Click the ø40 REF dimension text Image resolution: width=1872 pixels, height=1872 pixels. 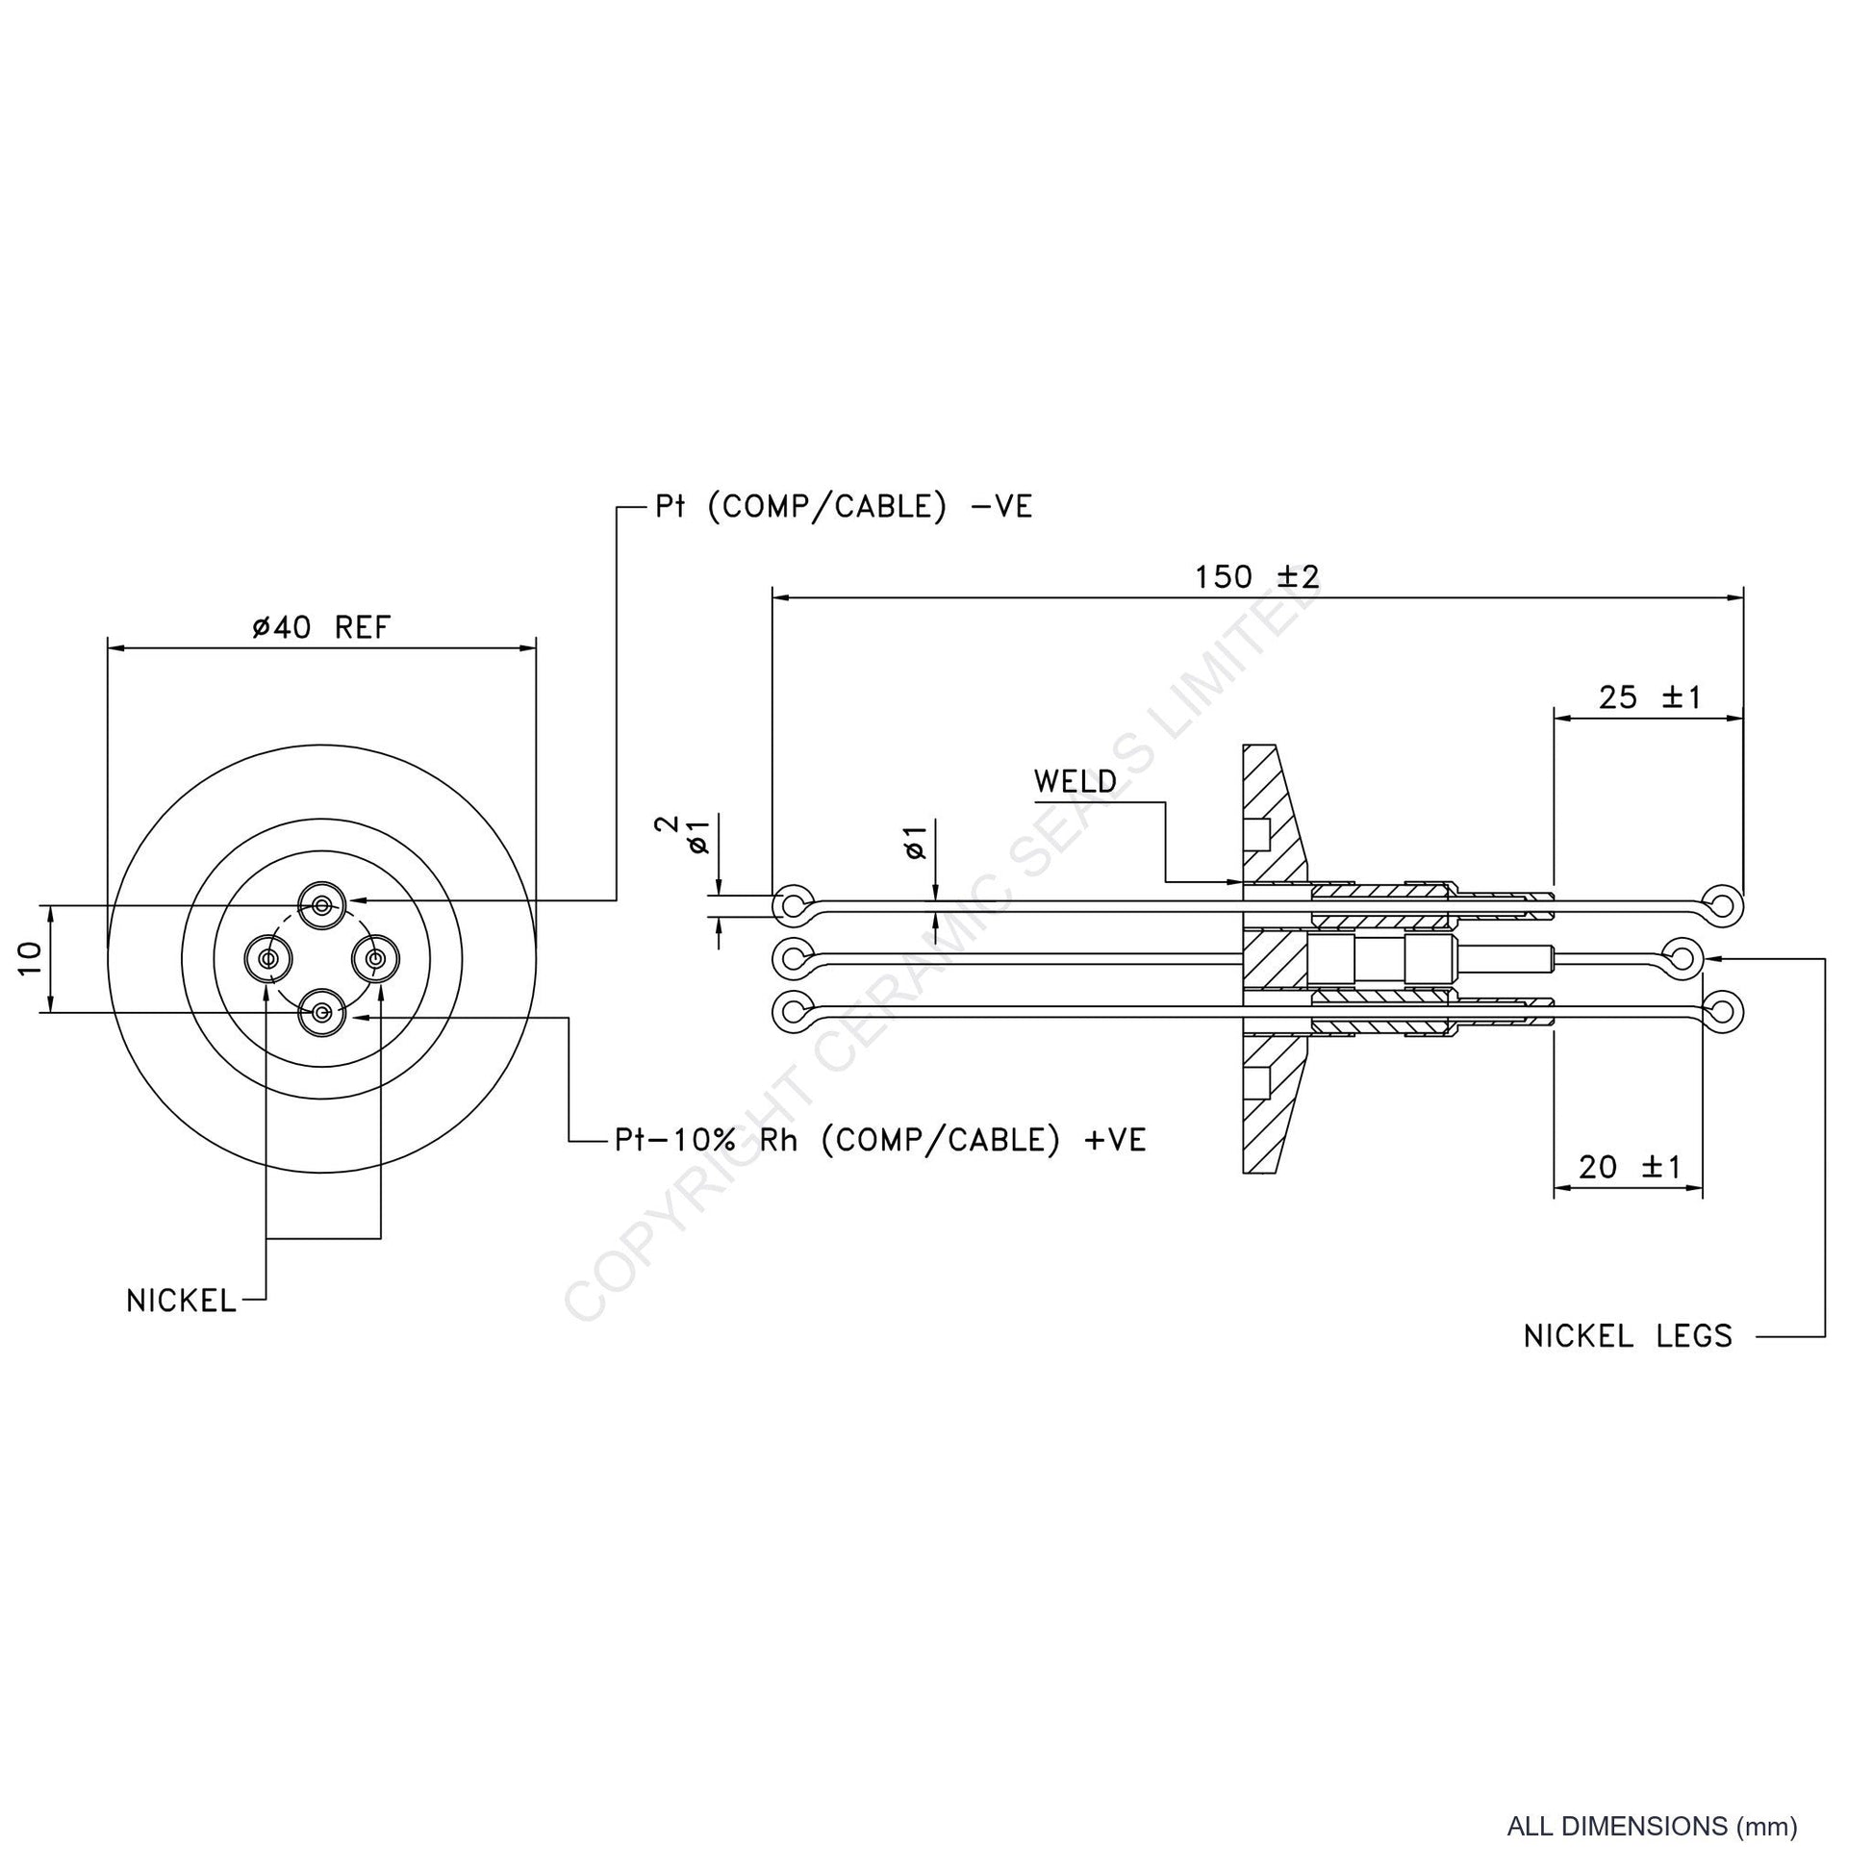pos(320,628)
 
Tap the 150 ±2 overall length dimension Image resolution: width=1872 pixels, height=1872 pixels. pos(1256,577)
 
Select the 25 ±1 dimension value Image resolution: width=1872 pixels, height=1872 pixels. pos(1649,697)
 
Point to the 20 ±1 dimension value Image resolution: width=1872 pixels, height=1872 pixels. pos(1631,1167)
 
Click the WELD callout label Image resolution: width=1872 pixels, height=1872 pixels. pos(1075,781)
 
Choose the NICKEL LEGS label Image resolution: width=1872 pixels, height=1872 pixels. pos(1628,1336)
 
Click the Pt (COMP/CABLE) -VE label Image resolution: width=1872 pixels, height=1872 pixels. pos(844,507)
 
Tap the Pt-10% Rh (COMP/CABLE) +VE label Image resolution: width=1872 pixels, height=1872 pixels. pos(881,1140)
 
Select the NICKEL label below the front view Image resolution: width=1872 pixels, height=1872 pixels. pos(181,1301)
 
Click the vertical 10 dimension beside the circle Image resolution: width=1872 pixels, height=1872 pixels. pos(30,959)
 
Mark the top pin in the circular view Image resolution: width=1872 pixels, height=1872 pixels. pos(321,906)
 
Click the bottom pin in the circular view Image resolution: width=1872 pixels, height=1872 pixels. pos(321,1014)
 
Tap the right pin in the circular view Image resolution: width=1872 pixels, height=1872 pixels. pos(375,959)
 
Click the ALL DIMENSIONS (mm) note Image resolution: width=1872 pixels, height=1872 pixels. pos(1652,1827)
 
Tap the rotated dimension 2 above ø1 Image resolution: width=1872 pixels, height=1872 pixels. pos(668,825)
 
